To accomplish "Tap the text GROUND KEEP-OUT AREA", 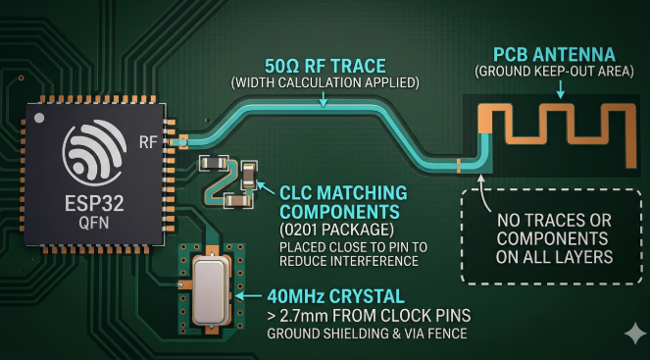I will pyautogui.click(x=556, y=72).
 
